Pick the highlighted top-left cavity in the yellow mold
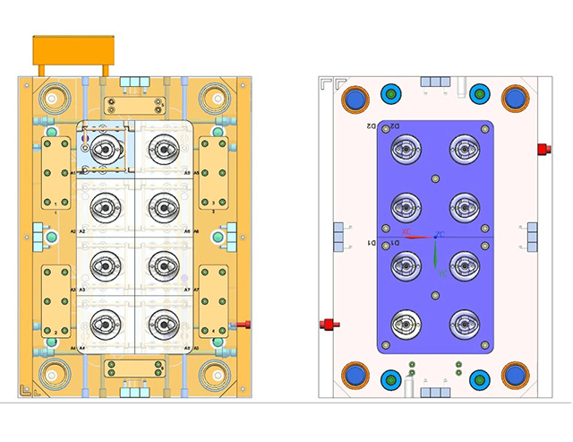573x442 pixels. click(x=107, y=149)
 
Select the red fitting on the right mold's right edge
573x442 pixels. click(x=543, y=149)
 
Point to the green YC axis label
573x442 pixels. click(x=441, y=272)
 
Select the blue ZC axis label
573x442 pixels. click(x=440, y=234)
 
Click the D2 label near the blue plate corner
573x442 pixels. click(x=371, y=126)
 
